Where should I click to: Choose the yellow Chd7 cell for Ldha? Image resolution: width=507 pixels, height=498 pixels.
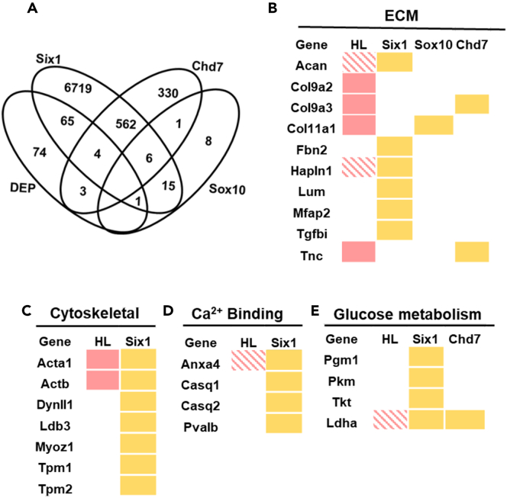point(463,418)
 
